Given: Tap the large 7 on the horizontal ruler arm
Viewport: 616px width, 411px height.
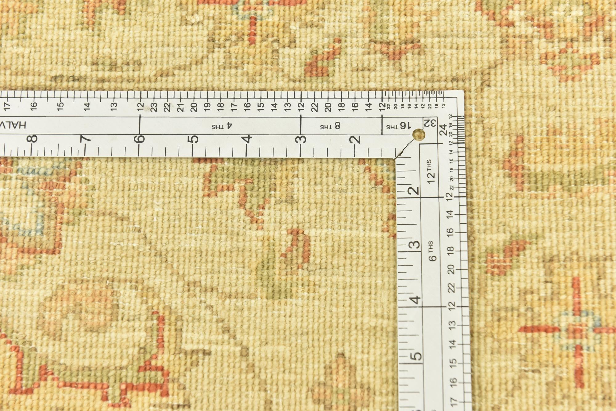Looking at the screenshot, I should [x=86, y=139].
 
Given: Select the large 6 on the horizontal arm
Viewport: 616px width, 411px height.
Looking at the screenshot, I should [x=140, y=139].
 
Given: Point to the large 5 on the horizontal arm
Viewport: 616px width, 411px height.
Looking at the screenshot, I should [x=193, y=139].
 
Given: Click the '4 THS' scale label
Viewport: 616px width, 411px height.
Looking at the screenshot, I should [x=222, y=126].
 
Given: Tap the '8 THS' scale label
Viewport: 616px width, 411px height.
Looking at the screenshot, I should [x=330, y=126].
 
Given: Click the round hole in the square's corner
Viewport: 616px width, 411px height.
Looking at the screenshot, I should [x=419, y=134].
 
